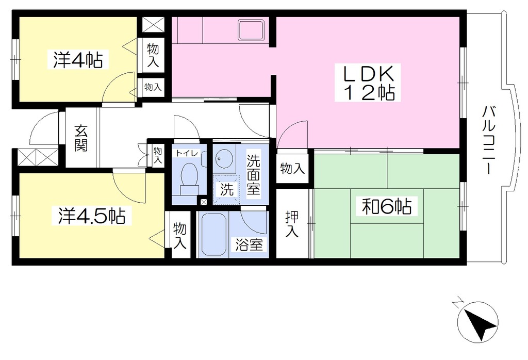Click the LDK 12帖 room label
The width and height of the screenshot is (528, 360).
(368, 82)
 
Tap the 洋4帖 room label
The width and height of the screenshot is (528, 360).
(78, 60)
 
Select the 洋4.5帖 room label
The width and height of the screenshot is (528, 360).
(92, 216)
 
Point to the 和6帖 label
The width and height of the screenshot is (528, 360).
(387, 207)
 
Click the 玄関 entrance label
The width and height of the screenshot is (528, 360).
(81, 138)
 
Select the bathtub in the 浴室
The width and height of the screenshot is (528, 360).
(213, 235)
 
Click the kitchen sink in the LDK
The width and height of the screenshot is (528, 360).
(251, 30)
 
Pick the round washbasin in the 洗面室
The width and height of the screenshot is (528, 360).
(222, 158)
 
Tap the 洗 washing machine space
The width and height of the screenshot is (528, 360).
(226, 190)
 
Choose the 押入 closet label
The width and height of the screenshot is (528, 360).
(292, 224)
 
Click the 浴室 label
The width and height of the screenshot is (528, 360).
(249, 244)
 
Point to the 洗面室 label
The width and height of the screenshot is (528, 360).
(254, 174)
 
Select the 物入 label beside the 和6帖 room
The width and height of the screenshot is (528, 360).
(292, 168)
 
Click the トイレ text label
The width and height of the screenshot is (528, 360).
(187, 153)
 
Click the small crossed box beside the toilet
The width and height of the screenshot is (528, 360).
(203, 202)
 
